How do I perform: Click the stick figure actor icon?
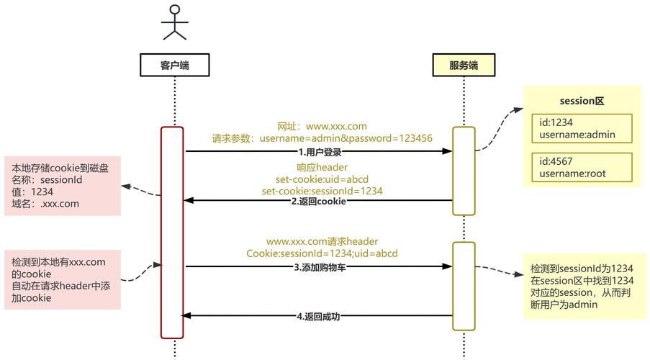pyautogui.click(x=174, y=22)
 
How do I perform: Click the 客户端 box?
pyautogui.click(x=174, y=65)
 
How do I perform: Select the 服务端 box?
pyautogui.click(x=464, y=65)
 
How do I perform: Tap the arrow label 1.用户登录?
pyautogui.click(x=320, y=152)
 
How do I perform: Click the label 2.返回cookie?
pyautogui.click(x=319, y=202)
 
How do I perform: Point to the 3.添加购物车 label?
pyautogui.click(x=320, y=267)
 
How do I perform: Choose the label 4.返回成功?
pyautogui.click(x=320, y=316)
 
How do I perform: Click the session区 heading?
pyautogui.click(x=581, y=102)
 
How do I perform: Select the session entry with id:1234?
pyautogui.click(x=582, y=128)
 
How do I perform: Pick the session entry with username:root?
pyautogui.click(x=582, y=167)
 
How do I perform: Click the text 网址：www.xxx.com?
pyautogui.click(x=322, y=126)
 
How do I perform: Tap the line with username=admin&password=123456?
pyautogui.click(x=322, y=138)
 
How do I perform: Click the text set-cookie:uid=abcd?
pyautogui.click(x=322, y=179)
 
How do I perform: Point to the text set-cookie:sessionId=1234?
pyautogui.click(x=322, y=191)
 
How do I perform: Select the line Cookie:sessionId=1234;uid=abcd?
pyautogui.click(x=322, y=253)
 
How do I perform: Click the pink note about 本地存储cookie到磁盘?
pyautogui.click(x=60, y=186)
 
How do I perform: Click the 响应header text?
pyautogui.click(x=322, y=167)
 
